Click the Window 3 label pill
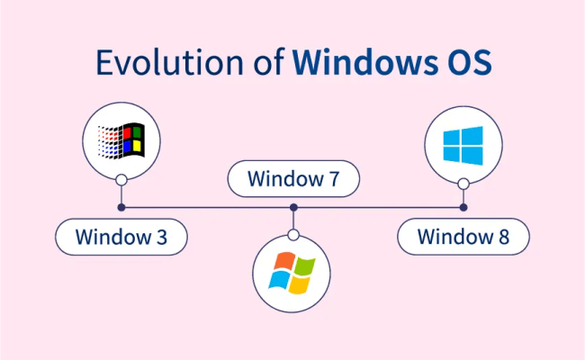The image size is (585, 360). point(121,238)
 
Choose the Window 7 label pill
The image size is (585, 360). point(293,179)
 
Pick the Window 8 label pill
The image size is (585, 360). point(463,238)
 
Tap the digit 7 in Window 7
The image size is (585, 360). point(334,179)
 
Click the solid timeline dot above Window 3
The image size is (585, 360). point(121,208)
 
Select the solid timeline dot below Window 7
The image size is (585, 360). point(293,208)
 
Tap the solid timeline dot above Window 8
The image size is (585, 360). point(463,208)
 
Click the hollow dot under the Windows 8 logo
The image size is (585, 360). point(463,184)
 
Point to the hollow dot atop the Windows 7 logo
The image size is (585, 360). point(293,235)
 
